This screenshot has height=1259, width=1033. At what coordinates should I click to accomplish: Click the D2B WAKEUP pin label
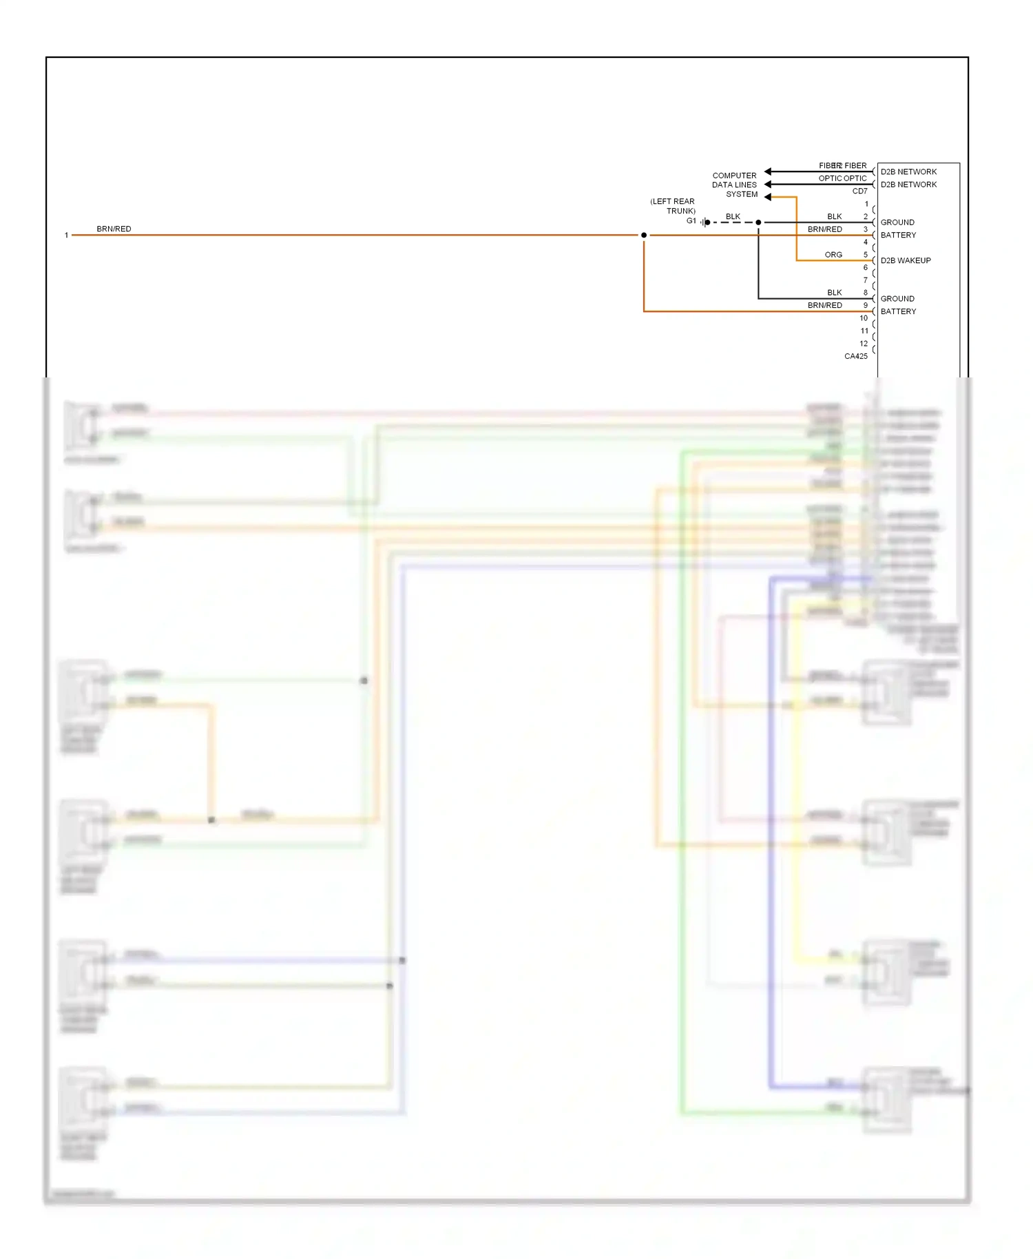pos(905,260)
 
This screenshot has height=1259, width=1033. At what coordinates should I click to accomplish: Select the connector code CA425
pos(855,356)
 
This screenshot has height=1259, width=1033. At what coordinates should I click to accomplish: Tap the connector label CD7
pos(859,191)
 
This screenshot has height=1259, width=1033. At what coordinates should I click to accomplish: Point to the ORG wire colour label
pos(833,255)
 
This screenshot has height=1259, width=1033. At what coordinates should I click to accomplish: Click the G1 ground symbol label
pos(691,221)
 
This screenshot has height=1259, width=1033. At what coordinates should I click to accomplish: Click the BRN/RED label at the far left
pos(114,229)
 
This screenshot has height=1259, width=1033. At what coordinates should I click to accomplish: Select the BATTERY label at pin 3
pos(898,235)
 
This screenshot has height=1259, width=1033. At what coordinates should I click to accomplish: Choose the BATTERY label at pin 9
pos(898,311)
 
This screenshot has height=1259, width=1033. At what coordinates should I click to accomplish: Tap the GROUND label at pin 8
pos(897,299)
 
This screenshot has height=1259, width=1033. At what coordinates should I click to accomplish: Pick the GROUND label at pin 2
pos(897,222)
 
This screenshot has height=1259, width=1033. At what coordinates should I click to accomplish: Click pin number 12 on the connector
pos(864,344)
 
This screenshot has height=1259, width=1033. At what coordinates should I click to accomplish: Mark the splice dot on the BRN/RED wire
pos(644,236)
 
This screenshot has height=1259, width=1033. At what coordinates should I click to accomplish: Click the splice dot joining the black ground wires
pos(758,222)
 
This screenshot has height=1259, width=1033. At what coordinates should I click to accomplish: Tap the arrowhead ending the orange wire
pos(768,197)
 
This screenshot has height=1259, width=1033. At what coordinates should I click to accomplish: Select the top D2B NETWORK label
pos(908,171)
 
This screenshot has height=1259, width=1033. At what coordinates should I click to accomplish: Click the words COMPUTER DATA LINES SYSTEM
pos(734,185)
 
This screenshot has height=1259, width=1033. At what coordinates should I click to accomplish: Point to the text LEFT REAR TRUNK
pos(673,206)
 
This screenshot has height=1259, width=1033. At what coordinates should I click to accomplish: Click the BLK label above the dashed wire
pos(733,216)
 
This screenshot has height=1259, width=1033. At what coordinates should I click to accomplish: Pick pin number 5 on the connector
pos(866,255)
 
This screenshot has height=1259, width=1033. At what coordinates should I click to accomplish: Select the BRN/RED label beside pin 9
pos(824,305)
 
